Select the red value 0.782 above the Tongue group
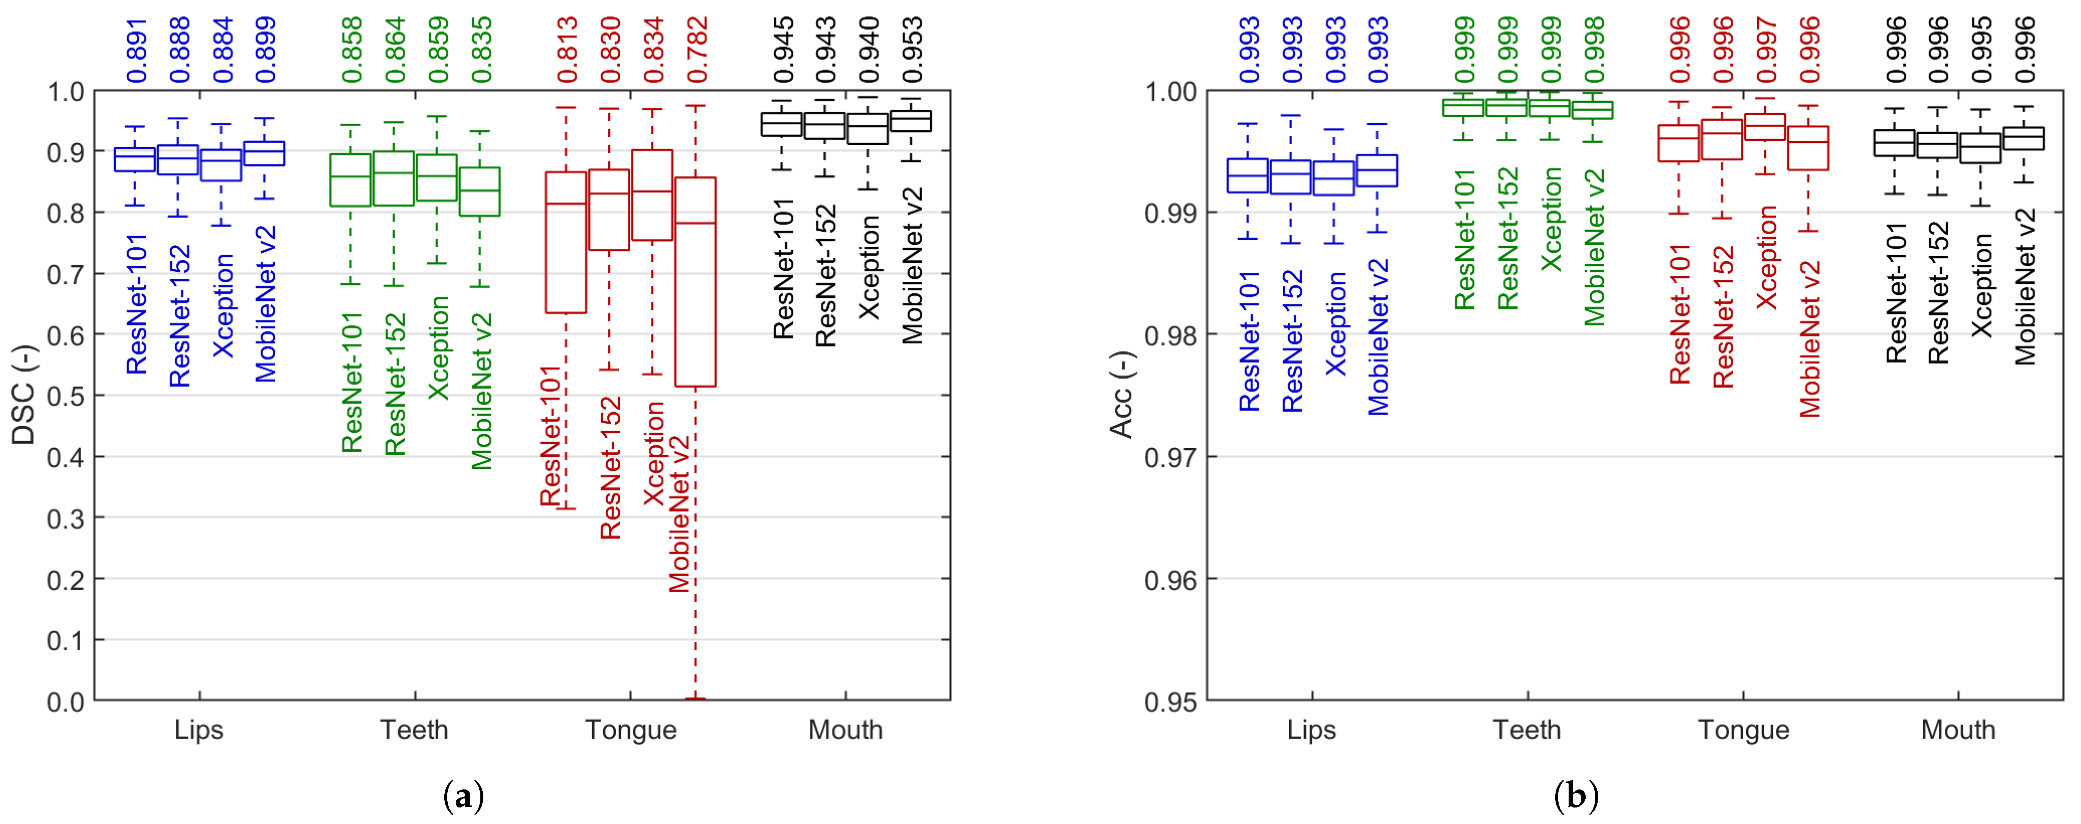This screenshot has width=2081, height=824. (x=697, y=50)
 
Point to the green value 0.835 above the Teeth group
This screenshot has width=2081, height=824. (x=481, y=50)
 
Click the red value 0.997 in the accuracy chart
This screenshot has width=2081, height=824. (x=1767, y=50)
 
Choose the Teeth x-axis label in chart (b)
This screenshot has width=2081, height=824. (x=1527, y=730)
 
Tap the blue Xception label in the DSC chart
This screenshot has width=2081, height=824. (x=223, y=305)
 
